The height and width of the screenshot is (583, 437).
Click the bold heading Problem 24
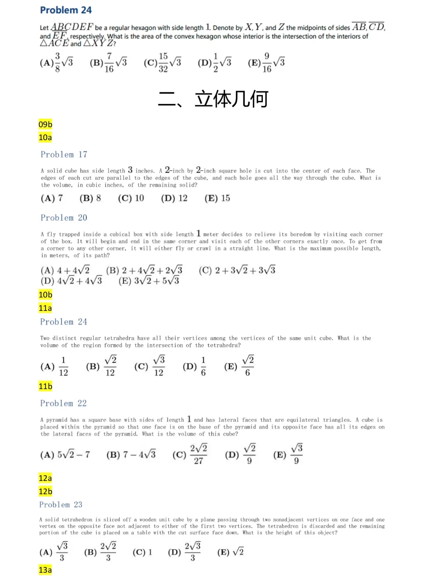(66, 10)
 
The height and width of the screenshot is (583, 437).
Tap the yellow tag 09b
(45, 124)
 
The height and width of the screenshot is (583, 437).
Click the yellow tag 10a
(45, 138)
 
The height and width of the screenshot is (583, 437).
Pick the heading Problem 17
(64, 155)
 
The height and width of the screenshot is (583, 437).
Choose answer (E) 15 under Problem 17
(217, 198)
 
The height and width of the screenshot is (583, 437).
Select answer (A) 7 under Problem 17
(52, 198)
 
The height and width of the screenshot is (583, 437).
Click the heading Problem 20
(64, 218)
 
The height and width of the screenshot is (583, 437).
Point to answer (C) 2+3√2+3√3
(237, 270)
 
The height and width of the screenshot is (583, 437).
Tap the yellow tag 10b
(45, 295)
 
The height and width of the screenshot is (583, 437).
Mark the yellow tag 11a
(45, 308)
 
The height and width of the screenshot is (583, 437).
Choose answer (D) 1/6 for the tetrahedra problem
(194, 366)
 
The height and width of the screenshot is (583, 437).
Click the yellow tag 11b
(45, 386)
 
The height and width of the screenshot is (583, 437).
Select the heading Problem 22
(63, 403)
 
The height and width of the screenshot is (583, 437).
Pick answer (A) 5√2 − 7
(65, 454)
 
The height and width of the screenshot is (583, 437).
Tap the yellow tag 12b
(45, 491)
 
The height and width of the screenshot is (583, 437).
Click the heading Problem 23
(61, 505)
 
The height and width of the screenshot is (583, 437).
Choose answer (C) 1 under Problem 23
(143, 552)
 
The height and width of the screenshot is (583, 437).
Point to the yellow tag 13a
(45, 570)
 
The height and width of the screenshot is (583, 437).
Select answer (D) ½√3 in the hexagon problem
(215, 63)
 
